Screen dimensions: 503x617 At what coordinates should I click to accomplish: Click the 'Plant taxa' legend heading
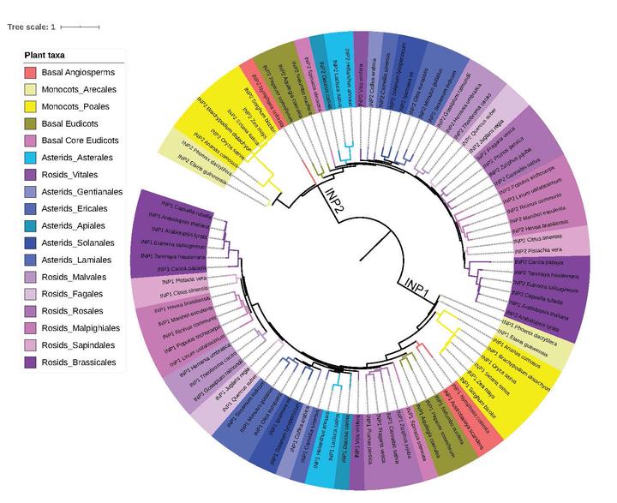[47, 55]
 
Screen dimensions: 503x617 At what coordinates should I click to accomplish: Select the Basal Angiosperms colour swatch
[30, 72]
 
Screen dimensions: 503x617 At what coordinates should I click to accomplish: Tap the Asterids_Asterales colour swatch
[30, 158]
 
